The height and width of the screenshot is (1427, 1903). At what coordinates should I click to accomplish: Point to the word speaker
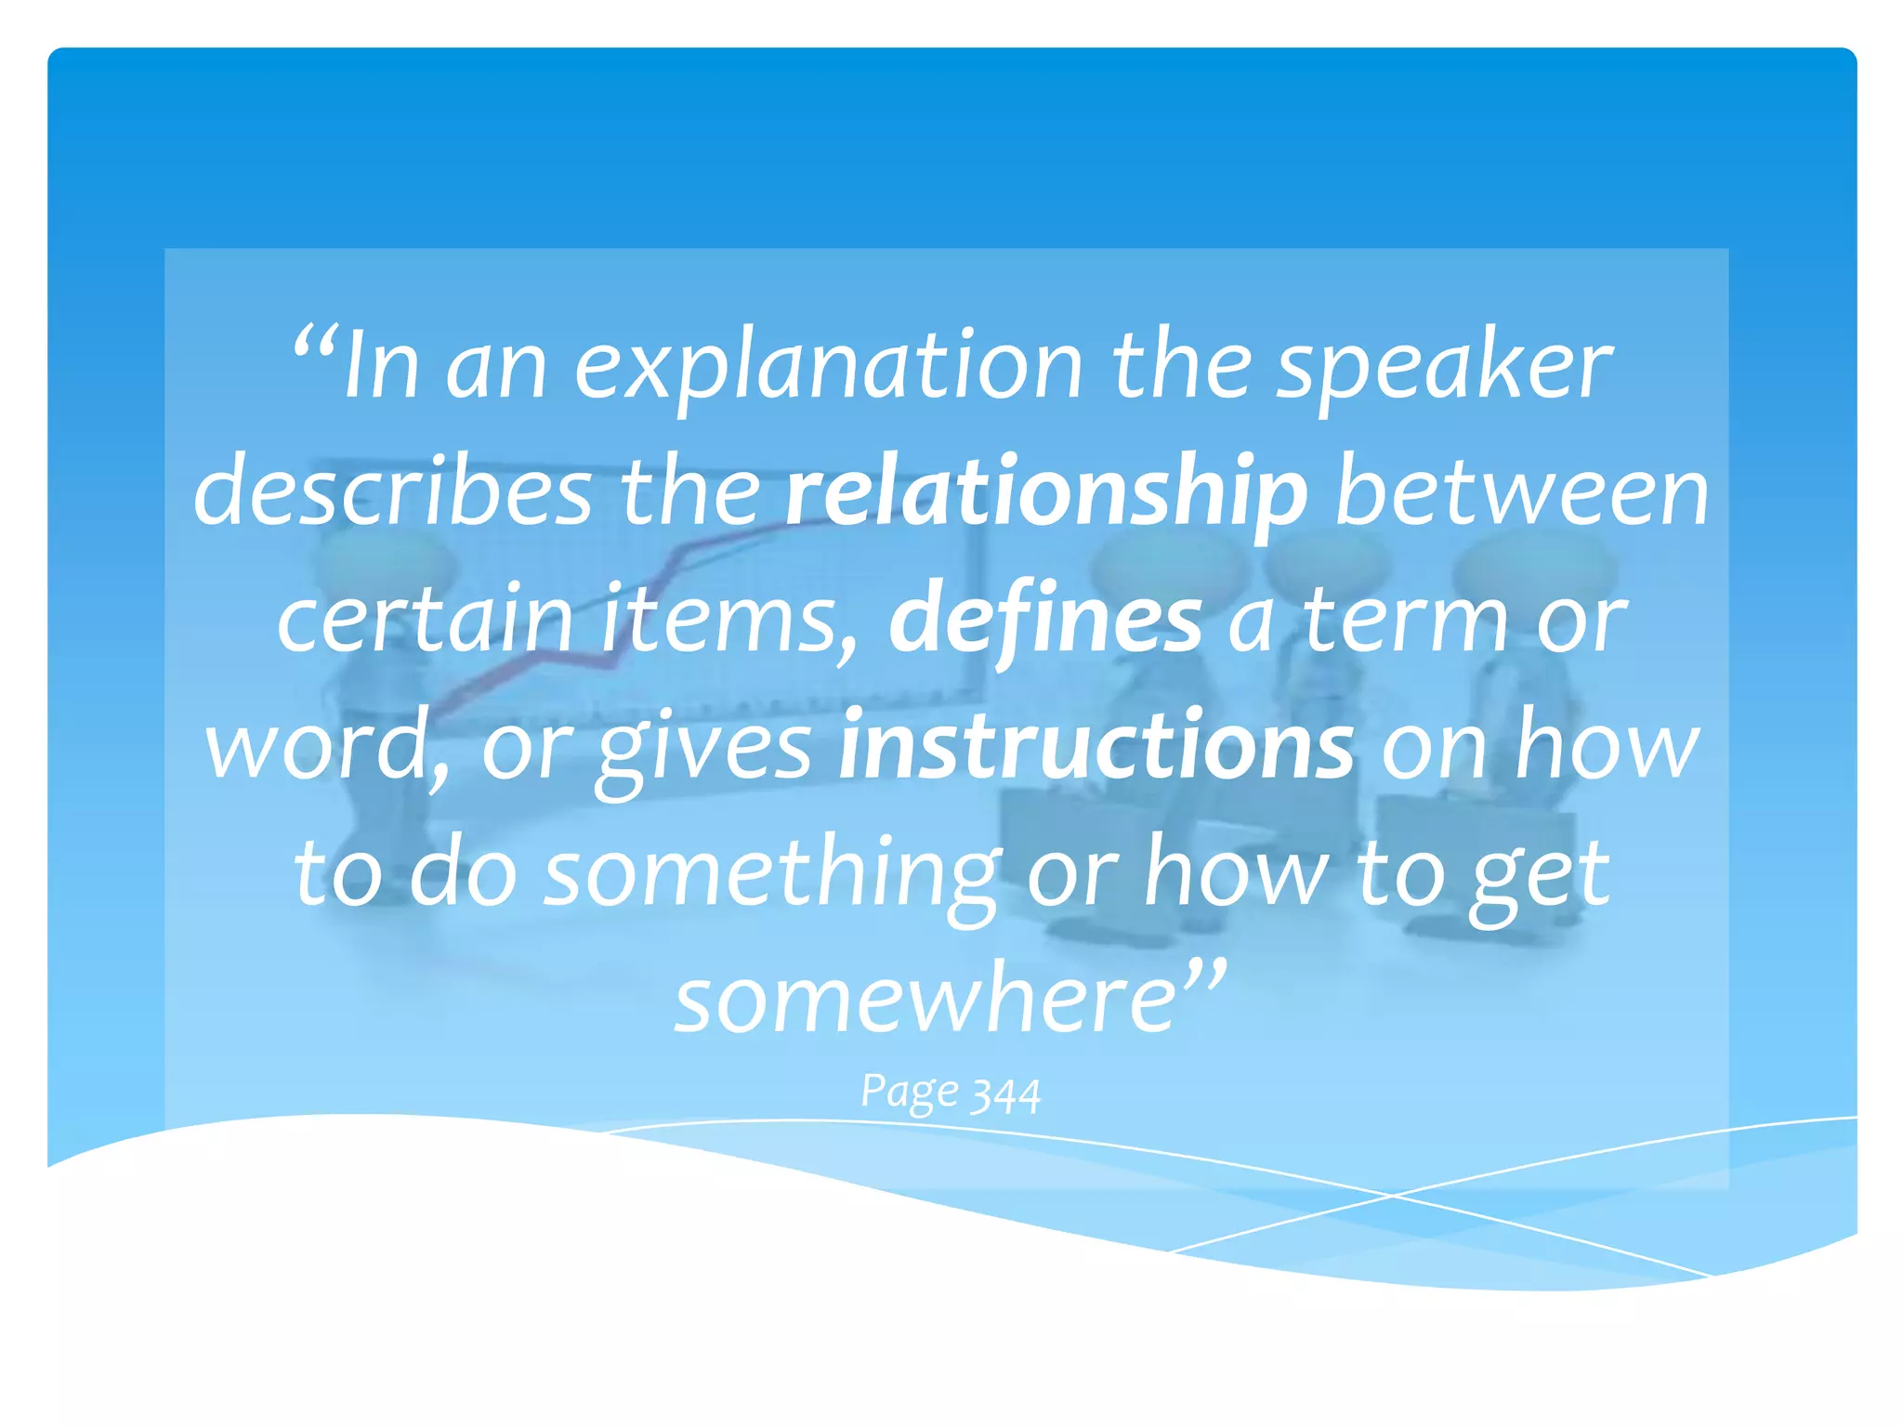tap(1445, 367)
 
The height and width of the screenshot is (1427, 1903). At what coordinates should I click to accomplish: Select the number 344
tap(1005, 1094)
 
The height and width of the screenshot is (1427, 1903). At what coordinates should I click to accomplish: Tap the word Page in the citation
tap(909, 1093)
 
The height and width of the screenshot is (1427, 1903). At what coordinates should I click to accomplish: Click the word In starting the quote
tap(381, 367)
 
